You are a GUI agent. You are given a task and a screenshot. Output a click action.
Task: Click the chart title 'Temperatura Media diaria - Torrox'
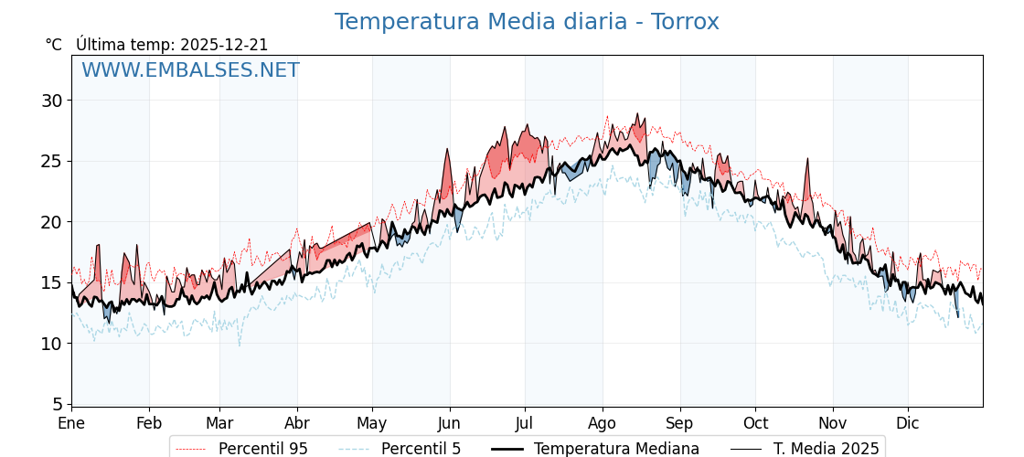pos(527,22)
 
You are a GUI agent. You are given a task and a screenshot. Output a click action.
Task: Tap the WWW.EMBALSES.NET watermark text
pos(190,70)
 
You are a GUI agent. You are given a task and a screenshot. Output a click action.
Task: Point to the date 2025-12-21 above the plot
pos(224,45)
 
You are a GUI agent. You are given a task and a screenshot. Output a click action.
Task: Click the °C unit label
pos(54,45)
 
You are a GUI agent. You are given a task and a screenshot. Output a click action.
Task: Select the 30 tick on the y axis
pos(53,101)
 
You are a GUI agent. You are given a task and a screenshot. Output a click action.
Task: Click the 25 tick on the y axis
pos(53,161)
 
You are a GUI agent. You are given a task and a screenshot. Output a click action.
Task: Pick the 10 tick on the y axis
pos(53,344)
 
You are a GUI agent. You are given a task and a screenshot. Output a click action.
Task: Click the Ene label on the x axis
pos(71,423)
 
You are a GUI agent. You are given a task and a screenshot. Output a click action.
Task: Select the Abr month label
pos(297,423)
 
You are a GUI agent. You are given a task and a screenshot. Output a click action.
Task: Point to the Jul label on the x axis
pos(525,423)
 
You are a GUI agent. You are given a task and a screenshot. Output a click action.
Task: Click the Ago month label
pos(603,423)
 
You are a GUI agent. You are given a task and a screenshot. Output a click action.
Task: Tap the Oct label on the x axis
pos(755,423)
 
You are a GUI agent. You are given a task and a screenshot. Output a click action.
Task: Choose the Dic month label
pos(908,423)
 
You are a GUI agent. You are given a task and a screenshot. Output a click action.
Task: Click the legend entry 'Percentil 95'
pos(262,449)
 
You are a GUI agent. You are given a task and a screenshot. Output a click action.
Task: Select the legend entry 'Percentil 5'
pos(421,449)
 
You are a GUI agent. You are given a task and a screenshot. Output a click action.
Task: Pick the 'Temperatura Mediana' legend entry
pos(616,449)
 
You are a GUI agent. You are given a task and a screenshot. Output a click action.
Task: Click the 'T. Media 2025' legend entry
pos(826,449)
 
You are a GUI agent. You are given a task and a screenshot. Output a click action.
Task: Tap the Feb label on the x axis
pos(149,423)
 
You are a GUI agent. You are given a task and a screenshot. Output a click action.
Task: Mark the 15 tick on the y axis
pos(53,282)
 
